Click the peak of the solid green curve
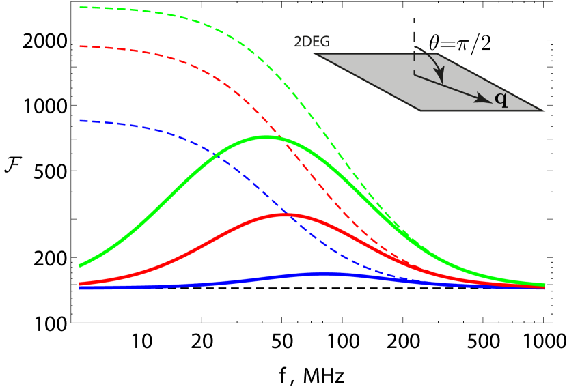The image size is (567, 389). pyautogui.click(x=266, y=137)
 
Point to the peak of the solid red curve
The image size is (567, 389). pyautogui.click(x=286, y=214)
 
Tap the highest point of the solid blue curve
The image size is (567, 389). pyautogui.click(x=325, y=274)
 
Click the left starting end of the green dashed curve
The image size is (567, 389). pyautogui.click(x=81, y=8)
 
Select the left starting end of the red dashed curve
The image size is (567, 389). pyautogui.click(x=81, y=46)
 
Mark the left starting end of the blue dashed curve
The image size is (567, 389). pyautogui.click(x=81, y=121)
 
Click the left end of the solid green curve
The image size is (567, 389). pyautogui.click(x=81, y=265)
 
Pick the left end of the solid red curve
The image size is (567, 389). pyautogui.click(x=81, y=283)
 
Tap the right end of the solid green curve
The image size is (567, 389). pyautogui.click(x=544, y=284)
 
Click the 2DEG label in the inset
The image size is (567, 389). pyautogui.click(x=312, y=42)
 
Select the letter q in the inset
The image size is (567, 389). pyautogui.click(x=501, y=99)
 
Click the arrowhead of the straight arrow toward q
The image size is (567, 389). pyautogui.click(x=485, y=100)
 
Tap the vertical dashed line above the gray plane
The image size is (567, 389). pyautogui.click(x=414, y=34)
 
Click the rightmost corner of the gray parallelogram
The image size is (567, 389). pyautogui.click(x=543, y=110)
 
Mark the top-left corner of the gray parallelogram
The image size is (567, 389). pyautogui.click(x=316, y=54)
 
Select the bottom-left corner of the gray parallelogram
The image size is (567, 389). pyautogui.click(x=421, y=110)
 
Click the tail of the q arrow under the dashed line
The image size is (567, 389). pyautogui.click(x=415, y=74)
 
